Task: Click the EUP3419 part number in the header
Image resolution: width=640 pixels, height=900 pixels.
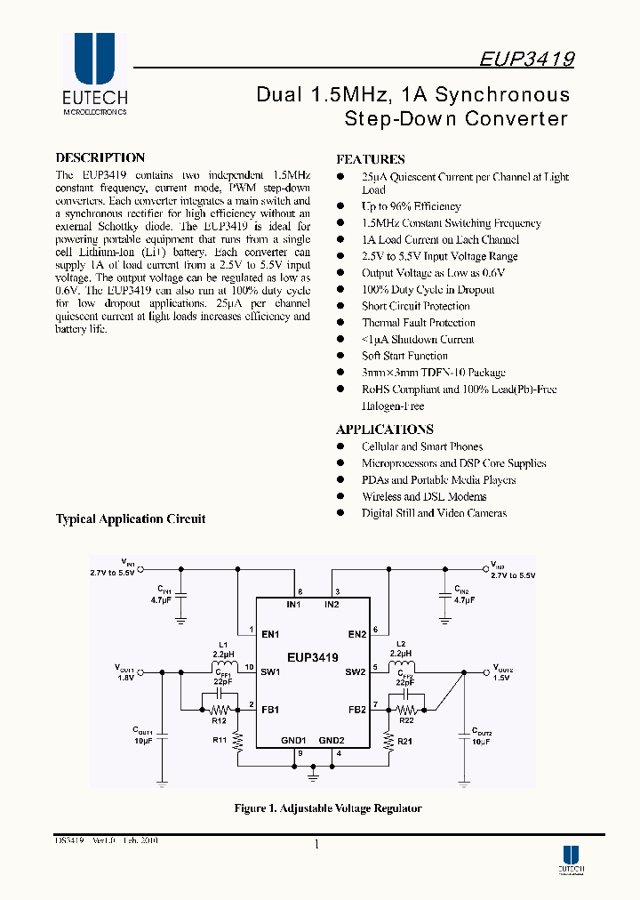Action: click(x=526, y=60)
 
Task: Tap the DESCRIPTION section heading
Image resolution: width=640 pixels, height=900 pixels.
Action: click(x=100, y=158)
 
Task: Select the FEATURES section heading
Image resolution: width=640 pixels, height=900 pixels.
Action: click(x=371, y=159)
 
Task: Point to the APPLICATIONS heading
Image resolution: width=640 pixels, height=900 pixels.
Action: click(x=384, y=429)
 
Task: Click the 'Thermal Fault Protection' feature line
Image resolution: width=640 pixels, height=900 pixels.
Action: click(x=418, y=323)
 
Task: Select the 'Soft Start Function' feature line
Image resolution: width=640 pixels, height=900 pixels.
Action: click(x=404, y=356)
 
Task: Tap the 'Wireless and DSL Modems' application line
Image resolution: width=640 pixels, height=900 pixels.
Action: click(x=423, y=496)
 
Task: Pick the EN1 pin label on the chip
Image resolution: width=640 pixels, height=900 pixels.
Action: click(x=271, y=634)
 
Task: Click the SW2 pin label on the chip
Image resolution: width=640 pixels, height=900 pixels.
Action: click(x=356, y=671)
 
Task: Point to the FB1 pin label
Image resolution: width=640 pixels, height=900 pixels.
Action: click(x=271, y=710)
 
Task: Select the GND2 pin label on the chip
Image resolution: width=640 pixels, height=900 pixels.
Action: click(x=332, y=740)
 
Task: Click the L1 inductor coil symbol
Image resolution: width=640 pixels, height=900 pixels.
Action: click(x=223, y=667)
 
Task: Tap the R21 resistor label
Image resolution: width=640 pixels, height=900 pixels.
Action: click(x=404, y=741)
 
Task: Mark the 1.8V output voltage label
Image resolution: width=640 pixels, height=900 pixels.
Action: click(x=124, y=677)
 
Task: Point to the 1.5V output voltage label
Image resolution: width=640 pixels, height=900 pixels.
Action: click(x=502, y=677)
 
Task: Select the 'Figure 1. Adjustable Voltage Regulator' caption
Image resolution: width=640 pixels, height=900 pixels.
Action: click(x=327, y=808)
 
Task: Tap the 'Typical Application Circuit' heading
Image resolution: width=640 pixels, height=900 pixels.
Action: click(x=131, y=518)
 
